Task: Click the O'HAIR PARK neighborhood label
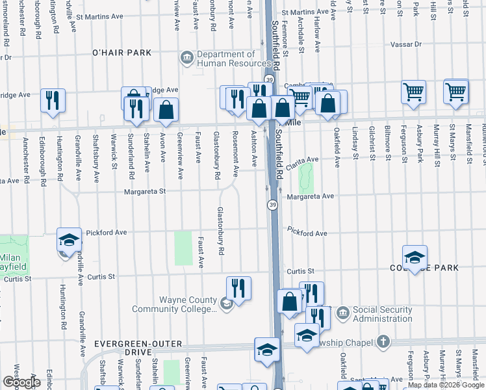click(122, 53)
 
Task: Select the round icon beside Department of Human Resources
click(187, 58)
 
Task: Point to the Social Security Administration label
click(383, 314)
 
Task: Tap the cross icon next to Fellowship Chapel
click(383, 341)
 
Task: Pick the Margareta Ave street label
click(310, 196)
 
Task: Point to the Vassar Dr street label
click(406, 45)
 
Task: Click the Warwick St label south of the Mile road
click(114, 150)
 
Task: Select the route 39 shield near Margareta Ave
click(273, 205)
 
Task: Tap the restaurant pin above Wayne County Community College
click(238, 287)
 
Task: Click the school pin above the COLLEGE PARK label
click(415, 256)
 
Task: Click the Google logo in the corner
click(21, 382)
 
